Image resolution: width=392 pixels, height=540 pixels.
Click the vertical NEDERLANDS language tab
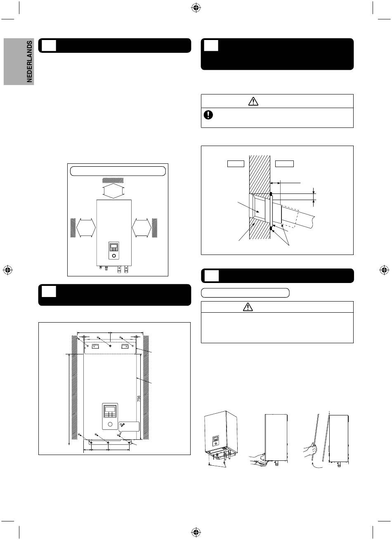[x=29, y=61]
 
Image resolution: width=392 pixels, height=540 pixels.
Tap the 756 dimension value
[x=139, y=399]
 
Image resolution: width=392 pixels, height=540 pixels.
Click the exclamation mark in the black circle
[x=208, y=115]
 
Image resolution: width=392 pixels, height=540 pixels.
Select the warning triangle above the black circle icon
[x=253, y=101]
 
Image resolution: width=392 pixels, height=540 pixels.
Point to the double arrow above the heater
[x=113, y=191]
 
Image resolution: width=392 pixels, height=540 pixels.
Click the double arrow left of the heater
[x=86, y=228]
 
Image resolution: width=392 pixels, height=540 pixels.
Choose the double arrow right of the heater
[x=142, y=228]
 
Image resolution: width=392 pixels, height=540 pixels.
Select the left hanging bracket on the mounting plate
[x=95, y=347]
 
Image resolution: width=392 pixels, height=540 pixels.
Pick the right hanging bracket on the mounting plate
[x=125, y=347]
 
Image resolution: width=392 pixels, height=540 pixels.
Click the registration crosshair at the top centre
[x=196, y=8]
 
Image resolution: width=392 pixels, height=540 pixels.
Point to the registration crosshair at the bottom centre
[x=196, y=531]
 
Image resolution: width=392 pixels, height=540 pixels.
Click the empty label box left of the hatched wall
[x=236, y=164]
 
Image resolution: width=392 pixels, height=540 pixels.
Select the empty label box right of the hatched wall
[x=284, y=164]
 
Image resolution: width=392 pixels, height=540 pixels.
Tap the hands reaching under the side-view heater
[x=257, y=458]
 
